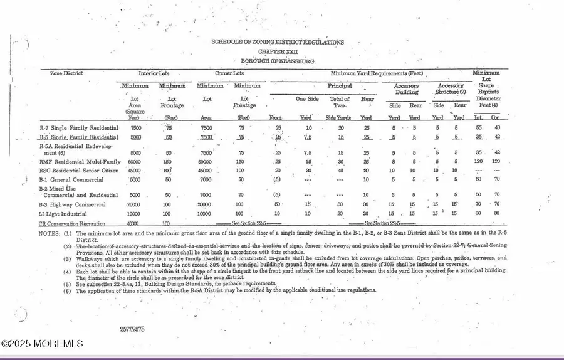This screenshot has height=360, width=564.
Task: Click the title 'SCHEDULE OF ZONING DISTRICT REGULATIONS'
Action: click(x=278, y=42)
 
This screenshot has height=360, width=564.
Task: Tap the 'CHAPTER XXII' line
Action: click(x=278, y=51)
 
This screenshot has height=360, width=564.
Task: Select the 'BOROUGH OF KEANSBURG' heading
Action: click(x=278, y=61)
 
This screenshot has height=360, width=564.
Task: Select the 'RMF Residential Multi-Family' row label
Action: click(x=80, y=161)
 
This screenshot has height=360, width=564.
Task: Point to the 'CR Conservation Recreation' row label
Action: click(x=72, y=223)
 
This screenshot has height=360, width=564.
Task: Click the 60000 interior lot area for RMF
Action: click(x=133, y=161)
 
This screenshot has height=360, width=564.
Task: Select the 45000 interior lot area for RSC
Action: click(x=133, y=170)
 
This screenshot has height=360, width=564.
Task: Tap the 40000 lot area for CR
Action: click(x=133, y=223)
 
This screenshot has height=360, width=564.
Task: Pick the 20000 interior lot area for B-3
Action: click(x=133, y=204)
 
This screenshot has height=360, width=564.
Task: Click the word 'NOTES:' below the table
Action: click(x=50, y=233)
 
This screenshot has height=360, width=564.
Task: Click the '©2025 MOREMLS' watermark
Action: click(x=41, y=344)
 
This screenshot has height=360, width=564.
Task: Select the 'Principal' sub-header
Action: click(x=339, y=86)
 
